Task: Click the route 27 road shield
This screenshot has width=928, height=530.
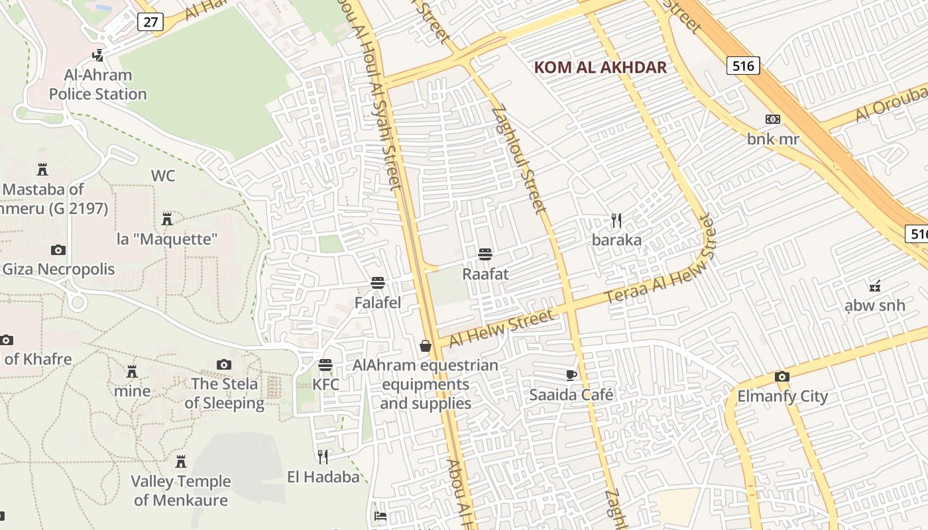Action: pos(150,22)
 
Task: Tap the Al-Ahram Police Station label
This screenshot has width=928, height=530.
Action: pos(98,85)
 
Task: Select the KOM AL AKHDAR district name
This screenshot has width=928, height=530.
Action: pos(600,68)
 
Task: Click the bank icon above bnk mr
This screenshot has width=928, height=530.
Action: pos(772,119)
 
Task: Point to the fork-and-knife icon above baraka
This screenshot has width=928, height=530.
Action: pos(616,220)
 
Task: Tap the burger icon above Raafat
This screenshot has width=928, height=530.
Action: pos(485,254)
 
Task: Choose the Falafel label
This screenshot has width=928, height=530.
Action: pos(378,303)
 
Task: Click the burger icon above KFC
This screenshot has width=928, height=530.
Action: pos(325,365)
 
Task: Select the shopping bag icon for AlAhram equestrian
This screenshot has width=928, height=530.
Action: pos(426,346)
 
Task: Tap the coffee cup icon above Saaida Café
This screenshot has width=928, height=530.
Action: pos(571,375)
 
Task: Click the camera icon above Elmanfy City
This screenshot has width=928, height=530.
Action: pos(782,376)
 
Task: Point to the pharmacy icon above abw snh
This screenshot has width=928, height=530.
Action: pos(875,286)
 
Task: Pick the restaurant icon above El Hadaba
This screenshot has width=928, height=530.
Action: pos(323,456)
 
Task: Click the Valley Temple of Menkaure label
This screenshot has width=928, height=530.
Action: pos(181,491)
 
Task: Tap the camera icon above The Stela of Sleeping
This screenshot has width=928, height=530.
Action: pos(224,364)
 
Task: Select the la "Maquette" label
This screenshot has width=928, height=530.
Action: pos(167,239)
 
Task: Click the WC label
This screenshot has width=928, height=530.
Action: pos(163,176)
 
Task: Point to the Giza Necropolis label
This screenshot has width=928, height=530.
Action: pos(58,270)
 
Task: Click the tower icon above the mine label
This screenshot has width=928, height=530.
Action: pos(132,371)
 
